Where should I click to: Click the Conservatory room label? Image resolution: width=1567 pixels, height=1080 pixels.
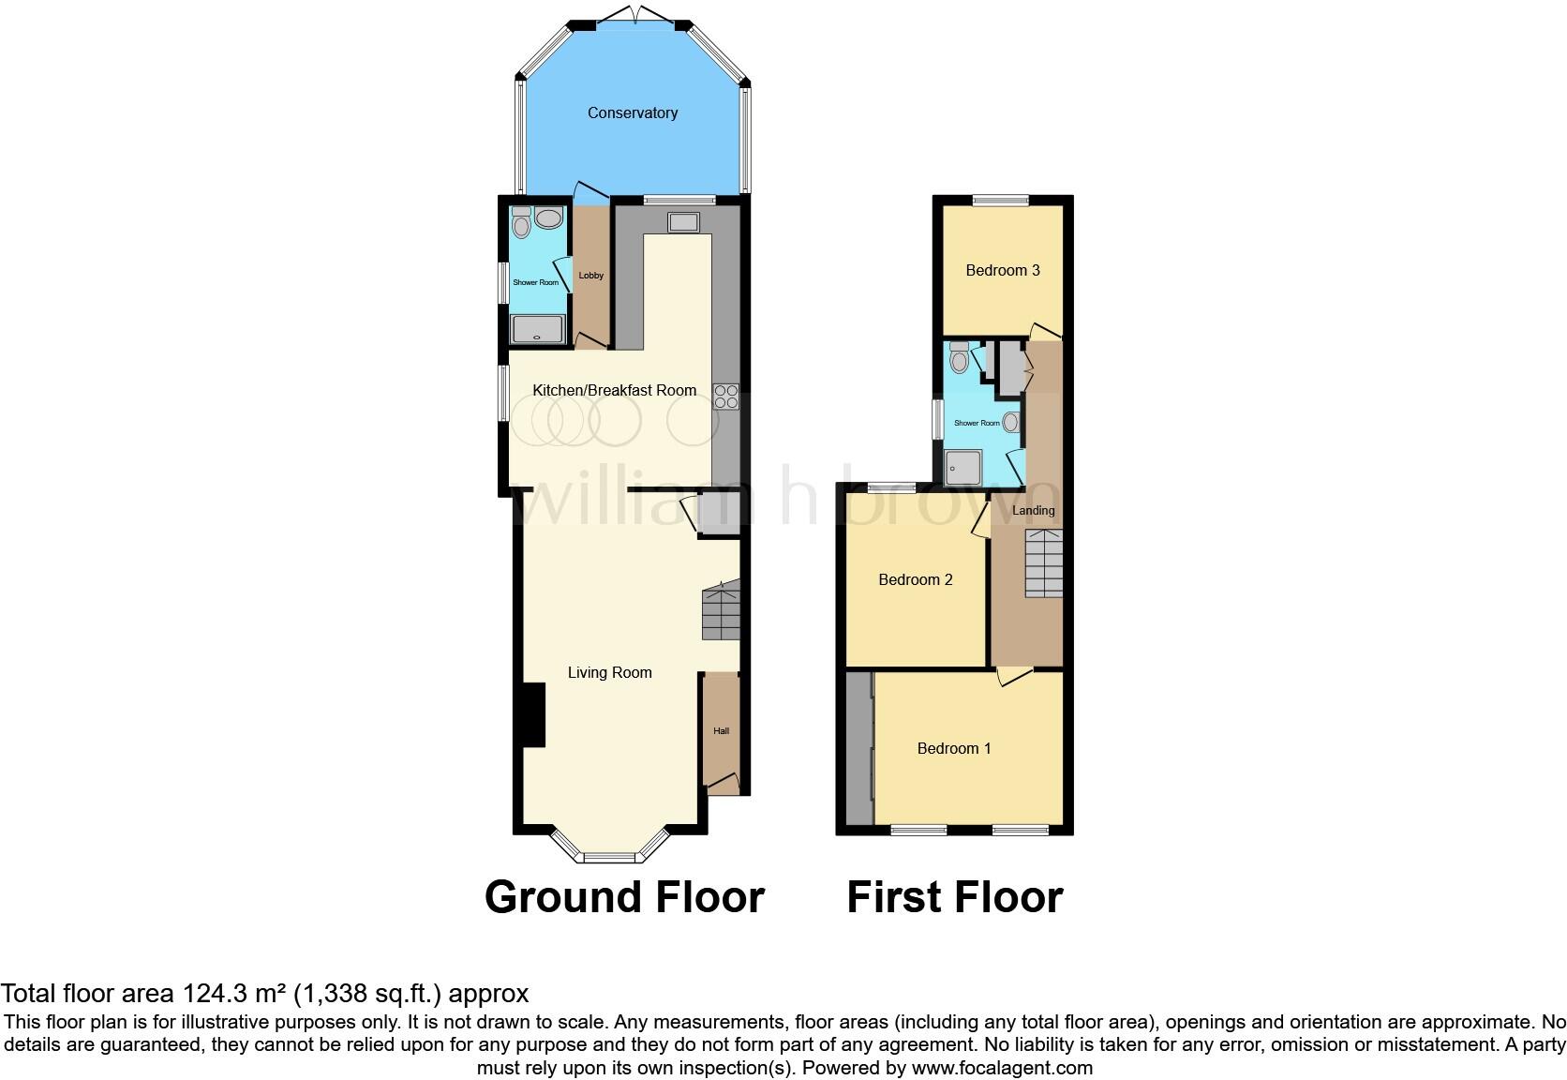[633, 112]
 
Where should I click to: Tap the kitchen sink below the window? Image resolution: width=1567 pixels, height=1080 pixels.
[683, 222]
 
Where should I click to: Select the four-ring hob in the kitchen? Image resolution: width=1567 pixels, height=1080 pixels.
[726, 397]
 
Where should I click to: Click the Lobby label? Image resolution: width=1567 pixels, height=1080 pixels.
[591, 276]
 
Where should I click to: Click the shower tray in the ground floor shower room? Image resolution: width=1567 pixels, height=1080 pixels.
[537, 329]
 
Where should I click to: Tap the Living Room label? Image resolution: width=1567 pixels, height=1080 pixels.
[609, 672]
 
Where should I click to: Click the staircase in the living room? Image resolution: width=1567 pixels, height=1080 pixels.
[722, 610]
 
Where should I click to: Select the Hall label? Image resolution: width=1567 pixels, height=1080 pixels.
[721, 731]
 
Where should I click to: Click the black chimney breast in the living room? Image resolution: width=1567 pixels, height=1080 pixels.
[533, 714]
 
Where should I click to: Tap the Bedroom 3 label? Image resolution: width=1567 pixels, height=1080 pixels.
[1003, 270]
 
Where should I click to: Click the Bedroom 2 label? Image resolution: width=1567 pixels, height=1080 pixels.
[916, 579]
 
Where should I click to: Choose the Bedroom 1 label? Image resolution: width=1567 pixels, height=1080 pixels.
[954, 748]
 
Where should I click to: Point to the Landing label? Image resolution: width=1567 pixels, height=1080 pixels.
[1034, 511]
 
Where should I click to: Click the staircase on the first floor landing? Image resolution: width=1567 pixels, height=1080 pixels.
[1044, 562]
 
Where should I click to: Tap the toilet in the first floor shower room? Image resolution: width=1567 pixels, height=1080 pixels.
[959, 357]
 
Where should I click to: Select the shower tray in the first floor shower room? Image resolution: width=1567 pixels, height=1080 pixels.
[963, 467]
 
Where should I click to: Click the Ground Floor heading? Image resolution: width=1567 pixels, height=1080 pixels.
[624, 897]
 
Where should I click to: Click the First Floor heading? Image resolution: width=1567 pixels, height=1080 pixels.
[954, 897]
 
